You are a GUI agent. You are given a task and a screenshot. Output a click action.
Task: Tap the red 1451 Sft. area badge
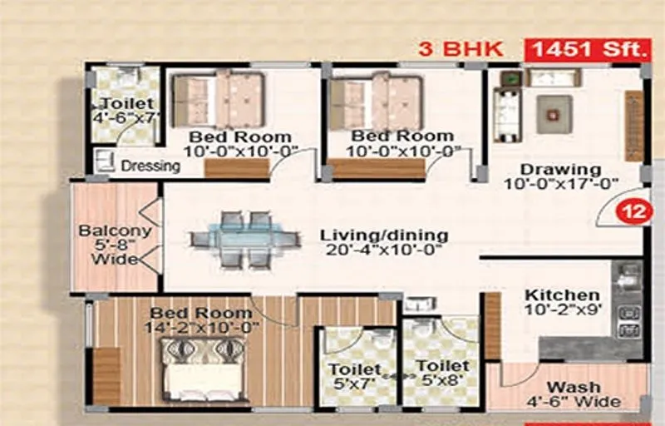pyautogui.click(x=585, y=49)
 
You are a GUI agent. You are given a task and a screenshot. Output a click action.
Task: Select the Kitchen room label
pyautogui.click(x=562, y=295)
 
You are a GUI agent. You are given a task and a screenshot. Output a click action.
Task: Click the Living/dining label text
pyautogui.click(x=384, y=235)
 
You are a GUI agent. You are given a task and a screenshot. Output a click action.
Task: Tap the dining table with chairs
pyautogui.click(x=245, y=240)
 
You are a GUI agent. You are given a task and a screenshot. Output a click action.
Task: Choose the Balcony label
pyautogui.click(x=114, y=231)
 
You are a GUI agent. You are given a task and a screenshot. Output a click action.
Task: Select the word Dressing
pyautogui.click(x=150, y=166)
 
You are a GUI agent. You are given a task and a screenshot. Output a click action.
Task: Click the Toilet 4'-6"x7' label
pyautogui.click(x=127, y=111)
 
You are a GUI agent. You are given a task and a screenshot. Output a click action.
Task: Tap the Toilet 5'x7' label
pyautogui.click(x=354, y=376)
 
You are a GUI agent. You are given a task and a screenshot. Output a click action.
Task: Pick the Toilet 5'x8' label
pyautogui.click(x=442, y=374)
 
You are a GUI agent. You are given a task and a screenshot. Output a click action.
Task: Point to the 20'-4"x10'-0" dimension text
pyautogui.click(x=384, y=250)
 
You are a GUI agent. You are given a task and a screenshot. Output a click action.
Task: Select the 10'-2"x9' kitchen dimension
pyautogui.click(x=562, y=311)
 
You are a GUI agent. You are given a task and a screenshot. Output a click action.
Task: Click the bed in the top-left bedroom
pyautogui.click(x=218, y=100)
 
